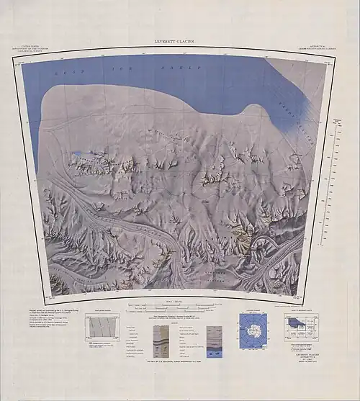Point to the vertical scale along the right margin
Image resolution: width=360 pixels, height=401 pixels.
[335, 180]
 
